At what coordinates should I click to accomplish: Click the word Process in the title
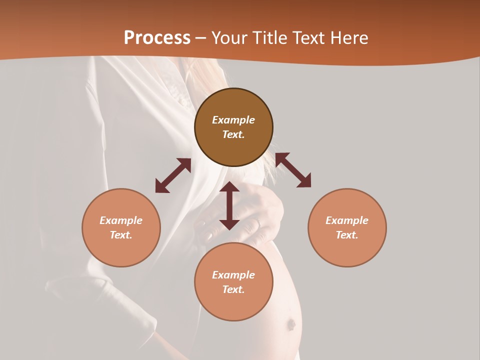[x=157, y=38]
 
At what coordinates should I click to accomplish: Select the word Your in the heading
[x=229, y=38]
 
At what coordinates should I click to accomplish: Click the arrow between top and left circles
[x=173, y=175]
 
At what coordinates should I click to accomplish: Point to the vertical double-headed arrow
[x=229, y=205]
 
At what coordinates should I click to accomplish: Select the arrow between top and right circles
[x=293, y=170]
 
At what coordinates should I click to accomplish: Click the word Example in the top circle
[x=233, y=120]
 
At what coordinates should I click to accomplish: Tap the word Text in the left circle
[x=121, y=235]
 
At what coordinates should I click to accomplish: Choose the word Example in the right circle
[x=347, y=220]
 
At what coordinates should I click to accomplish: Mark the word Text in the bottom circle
[x=233, y=289]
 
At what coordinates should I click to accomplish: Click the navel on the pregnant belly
[x=290, y=325]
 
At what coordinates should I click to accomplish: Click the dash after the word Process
[x=201, y=38]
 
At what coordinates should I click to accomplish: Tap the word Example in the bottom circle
[x=233, y=275]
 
